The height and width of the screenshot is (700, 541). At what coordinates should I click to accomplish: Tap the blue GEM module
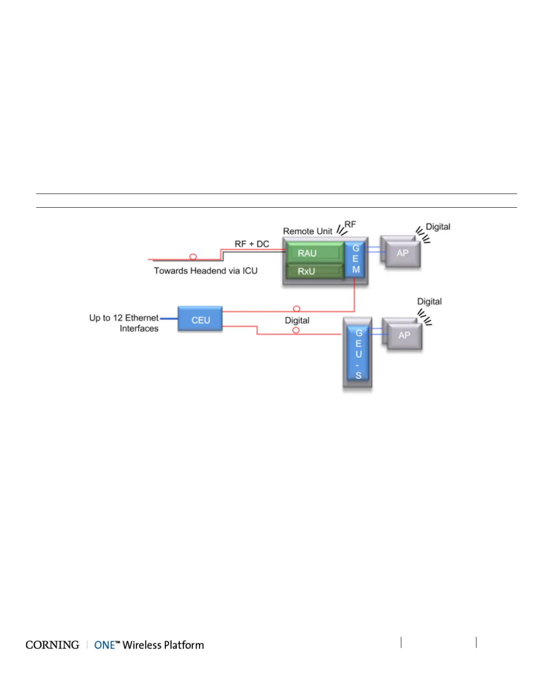355,259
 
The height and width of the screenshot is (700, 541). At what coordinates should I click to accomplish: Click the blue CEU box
200,320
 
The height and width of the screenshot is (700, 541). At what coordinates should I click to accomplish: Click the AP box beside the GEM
402,253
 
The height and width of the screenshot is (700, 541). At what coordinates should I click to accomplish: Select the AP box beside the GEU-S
404,335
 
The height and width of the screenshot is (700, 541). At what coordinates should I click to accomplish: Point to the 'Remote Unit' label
307,231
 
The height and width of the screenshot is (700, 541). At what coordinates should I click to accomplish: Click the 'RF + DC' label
251,244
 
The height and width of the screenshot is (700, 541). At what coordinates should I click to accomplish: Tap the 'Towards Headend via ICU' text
206,270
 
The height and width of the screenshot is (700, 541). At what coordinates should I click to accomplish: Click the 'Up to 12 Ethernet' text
123,318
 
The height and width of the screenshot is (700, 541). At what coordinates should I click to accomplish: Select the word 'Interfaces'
139,328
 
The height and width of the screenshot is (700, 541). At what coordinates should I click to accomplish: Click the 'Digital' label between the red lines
297,320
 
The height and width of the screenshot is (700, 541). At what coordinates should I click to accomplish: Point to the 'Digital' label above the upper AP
438,227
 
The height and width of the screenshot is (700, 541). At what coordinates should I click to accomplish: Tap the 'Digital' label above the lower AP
429,301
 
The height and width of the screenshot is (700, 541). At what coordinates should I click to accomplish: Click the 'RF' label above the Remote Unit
350,224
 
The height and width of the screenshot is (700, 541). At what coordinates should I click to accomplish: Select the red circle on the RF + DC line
193,257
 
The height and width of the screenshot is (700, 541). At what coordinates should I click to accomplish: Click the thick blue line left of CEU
168,318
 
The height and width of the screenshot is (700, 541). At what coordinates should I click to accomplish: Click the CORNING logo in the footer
52,645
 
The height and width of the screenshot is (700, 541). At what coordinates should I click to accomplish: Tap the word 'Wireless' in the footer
142,645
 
